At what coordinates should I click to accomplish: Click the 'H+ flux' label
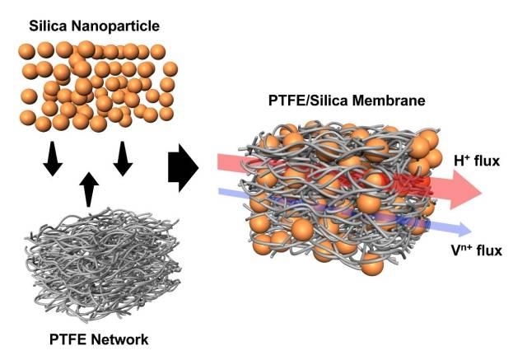point(477,162)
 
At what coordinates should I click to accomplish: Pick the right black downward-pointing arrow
point(124,157)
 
